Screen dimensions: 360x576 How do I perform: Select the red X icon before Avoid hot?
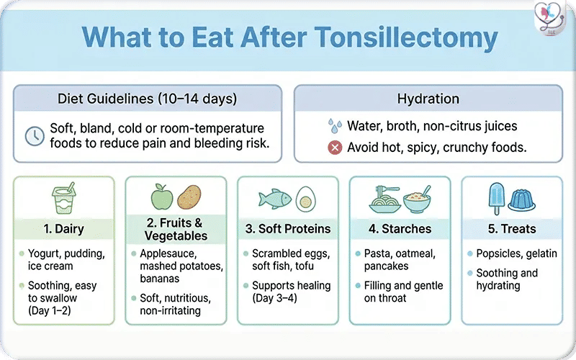334,148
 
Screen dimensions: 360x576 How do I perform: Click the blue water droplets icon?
335,127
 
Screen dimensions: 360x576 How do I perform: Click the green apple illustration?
161,197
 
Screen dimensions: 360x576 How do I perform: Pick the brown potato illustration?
189,197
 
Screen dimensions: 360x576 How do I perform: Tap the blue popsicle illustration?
497,197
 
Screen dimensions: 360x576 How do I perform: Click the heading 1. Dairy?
63,230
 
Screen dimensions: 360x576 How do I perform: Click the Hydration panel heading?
428,99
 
